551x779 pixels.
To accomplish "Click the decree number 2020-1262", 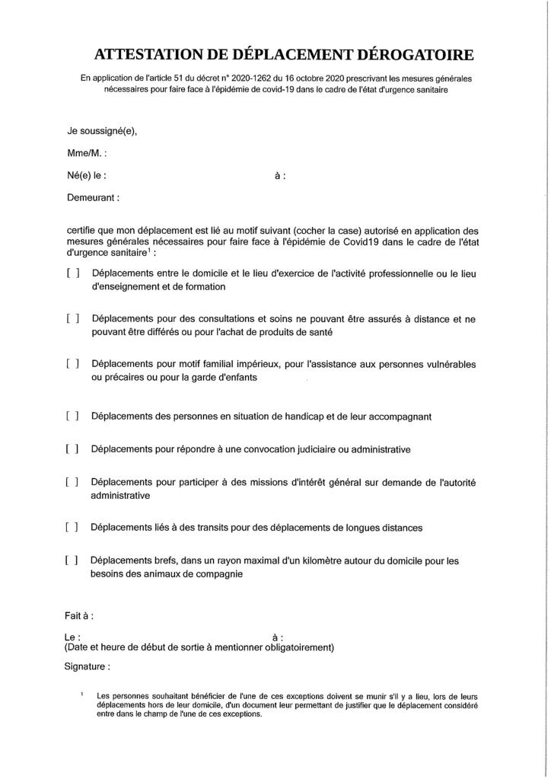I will click(263, 78).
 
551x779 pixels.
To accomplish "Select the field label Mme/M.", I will click(87, 152).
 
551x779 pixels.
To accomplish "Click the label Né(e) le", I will click(87, 174).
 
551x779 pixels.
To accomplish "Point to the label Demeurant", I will click(94, 196).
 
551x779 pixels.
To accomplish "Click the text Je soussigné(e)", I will click(102, 130).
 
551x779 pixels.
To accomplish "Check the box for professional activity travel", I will click(73, 273).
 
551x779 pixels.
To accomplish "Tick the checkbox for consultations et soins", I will click(73, 319).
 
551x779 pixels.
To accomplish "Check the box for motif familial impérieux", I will click(73, 364).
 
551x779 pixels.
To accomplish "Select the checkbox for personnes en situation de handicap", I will click(73, 417).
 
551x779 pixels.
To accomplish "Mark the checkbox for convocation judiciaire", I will click(73, 449).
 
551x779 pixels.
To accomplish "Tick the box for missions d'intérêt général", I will click(73, 482).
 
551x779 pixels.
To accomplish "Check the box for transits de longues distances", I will click(73, 527).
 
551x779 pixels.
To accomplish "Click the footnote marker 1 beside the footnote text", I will click(81, 694).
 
